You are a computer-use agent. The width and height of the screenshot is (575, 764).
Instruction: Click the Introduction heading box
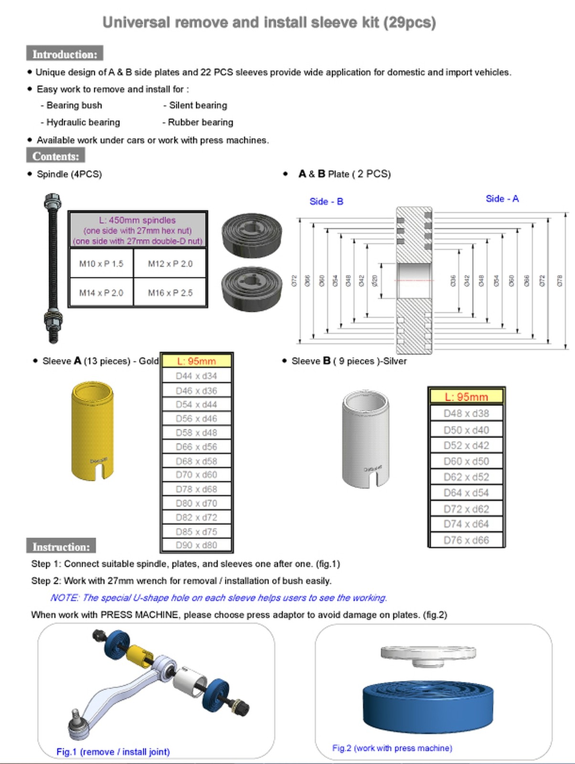(64, 54)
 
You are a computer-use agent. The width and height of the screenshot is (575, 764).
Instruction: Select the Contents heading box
(55, 156)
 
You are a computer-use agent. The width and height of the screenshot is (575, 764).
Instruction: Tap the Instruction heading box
(61, 546)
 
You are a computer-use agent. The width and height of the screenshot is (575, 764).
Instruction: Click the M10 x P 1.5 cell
(101, 264)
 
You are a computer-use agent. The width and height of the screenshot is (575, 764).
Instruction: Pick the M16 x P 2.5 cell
(170, 293)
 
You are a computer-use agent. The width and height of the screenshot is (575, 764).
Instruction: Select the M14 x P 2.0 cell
(101, 293)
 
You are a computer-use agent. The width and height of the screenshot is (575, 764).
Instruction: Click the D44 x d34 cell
(196, 376)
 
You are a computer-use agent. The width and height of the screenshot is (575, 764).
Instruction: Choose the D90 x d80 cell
(196, 545)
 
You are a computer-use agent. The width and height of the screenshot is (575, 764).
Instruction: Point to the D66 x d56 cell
(196, 446)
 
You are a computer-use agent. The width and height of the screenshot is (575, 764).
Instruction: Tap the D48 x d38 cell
(466, 414)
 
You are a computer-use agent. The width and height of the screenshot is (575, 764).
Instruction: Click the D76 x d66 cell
(466, 540)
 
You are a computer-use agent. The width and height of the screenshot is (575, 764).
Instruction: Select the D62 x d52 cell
(466, 477)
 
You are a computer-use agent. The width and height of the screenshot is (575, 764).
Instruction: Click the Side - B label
(326, 202)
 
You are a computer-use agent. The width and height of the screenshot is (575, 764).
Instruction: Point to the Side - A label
(502, 199)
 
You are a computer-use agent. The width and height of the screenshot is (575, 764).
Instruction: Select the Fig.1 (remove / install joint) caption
(113, 752)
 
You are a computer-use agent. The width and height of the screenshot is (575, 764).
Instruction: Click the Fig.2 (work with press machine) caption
(392, 748)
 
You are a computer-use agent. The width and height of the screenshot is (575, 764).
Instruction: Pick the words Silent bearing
(198, 106)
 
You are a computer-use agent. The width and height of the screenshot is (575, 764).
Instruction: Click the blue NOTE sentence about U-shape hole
(218, 598)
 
